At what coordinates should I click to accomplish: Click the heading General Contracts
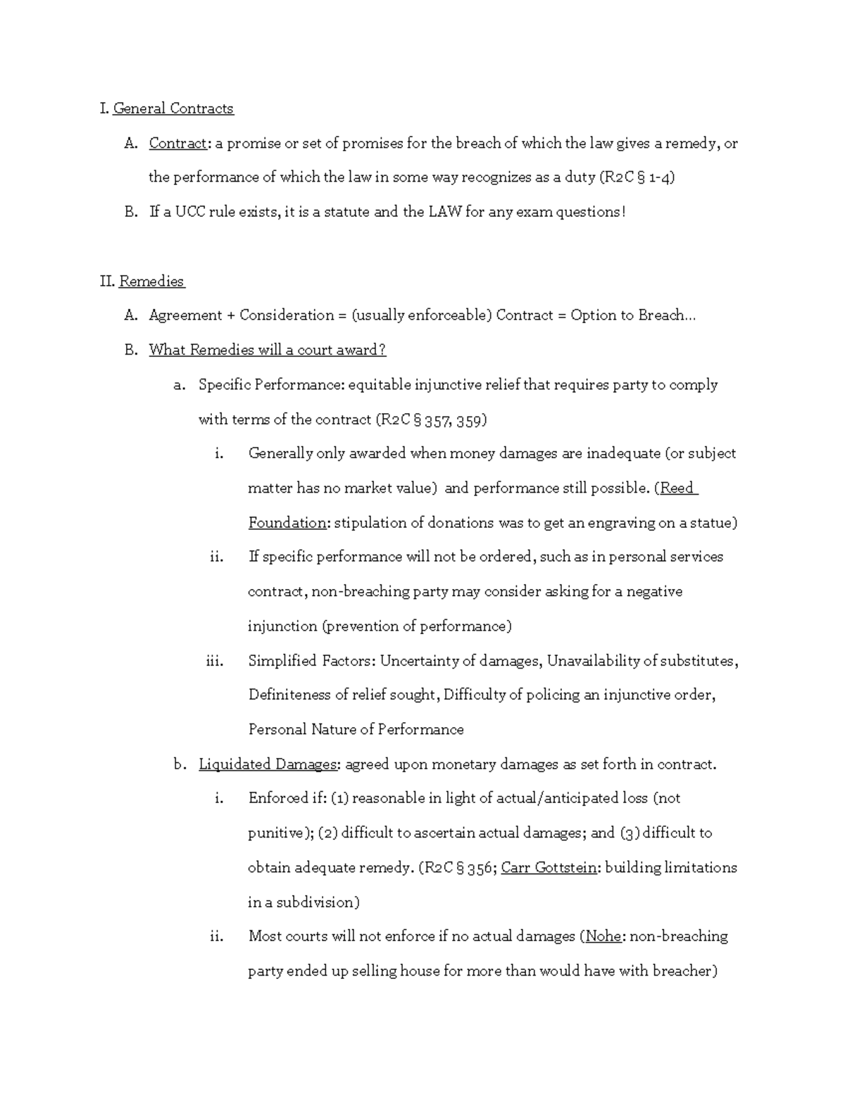coord(173,108)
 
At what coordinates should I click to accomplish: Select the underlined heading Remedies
coord(151,282)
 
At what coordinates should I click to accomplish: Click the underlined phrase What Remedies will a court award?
coord(268,350)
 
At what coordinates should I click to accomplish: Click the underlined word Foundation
coord(287,523)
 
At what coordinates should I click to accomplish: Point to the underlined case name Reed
coord(677,488)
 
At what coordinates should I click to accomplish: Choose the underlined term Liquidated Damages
coord(268,764)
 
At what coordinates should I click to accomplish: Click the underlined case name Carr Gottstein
coord(549,868)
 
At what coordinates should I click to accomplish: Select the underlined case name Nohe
coord(603,937)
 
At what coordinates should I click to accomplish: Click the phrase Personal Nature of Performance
coord(356,730)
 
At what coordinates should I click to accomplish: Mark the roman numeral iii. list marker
coord(214,661)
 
